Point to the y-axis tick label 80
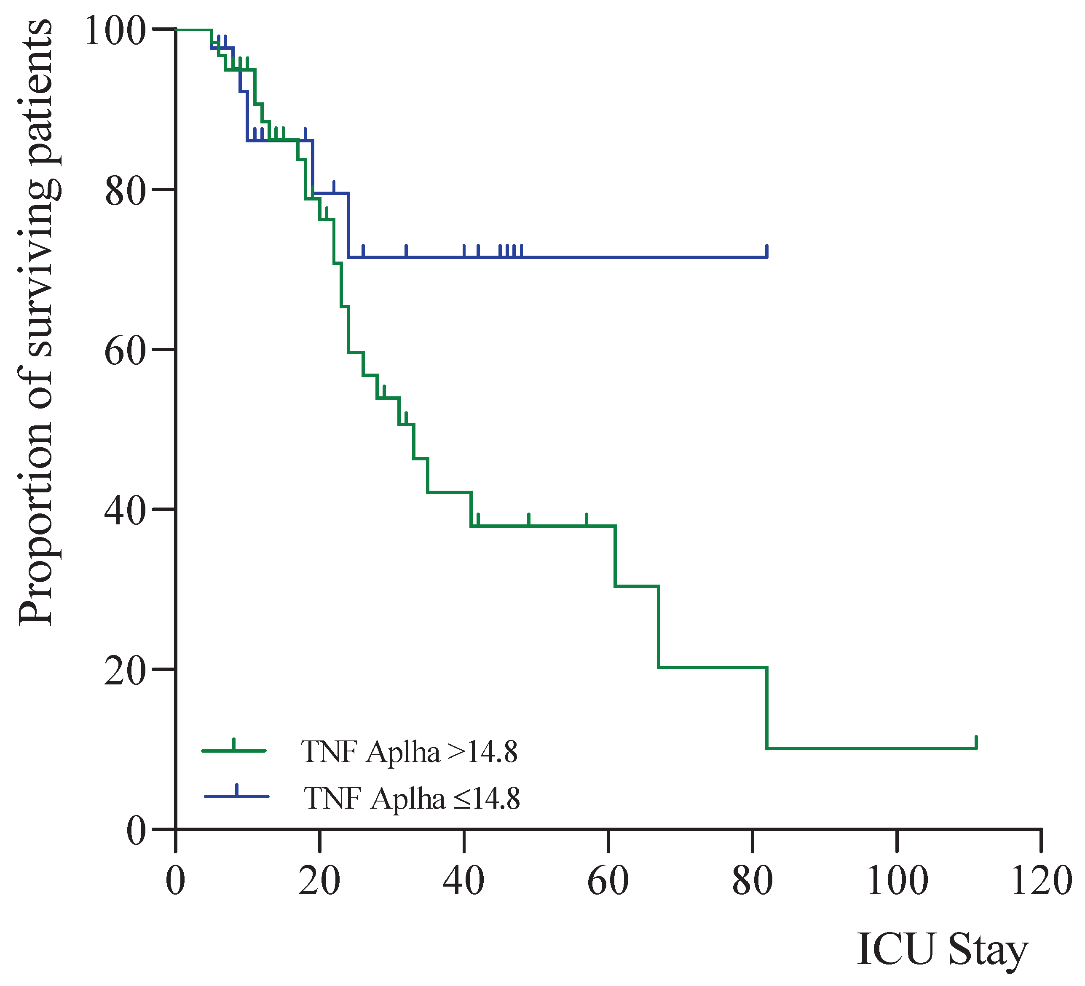[x=126, y=191]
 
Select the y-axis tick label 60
[x=126, y=351]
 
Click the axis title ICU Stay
[x=942, y=949]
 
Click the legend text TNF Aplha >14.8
[x=409, y=751]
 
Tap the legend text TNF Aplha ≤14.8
[x=412, y=798]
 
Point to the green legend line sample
[x=234, y=750]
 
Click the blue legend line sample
[x=237, y=796]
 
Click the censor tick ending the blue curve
[x=767, y=251]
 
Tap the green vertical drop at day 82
[x=766, y=707]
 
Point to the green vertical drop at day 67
[x=658, y=627]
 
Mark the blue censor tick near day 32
[x=406, y=251]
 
